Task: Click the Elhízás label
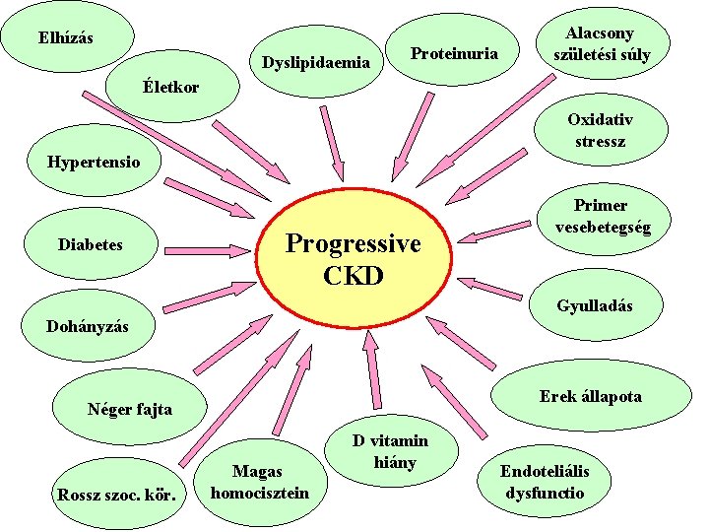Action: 66,38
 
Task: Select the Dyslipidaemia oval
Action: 315,63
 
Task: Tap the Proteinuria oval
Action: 454,52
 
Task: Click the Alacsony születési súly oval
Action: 601,44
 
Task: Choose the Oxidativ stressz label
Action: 600,129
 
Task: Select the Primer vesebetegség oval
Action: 603,216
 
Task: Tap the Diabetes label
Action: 91,243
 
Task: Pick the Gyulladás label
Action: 594,306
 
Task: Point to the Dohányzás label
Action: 88,325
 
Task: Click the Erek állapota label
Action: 590,396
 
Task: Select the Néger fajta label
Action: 129,408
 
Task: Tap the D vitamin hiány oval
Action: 390,451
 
